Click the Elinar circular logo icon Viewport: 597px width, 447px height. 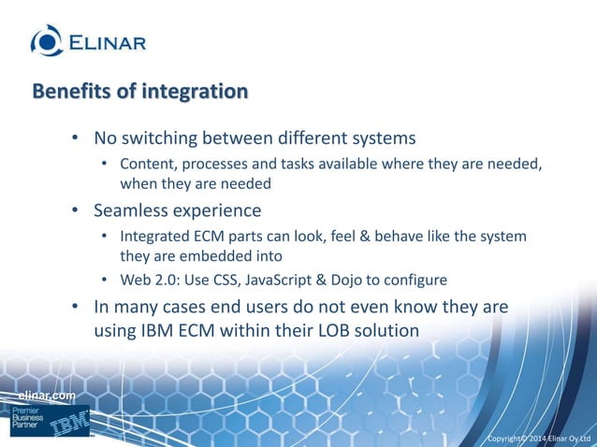48,40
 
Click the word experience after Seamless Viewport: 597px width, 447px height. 220,209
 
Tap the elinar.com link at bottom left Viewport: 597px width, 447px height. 47,397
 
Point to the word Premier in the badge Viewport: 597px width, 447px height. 27,411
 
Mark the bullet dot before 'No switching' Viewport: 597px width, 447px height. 76,139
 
